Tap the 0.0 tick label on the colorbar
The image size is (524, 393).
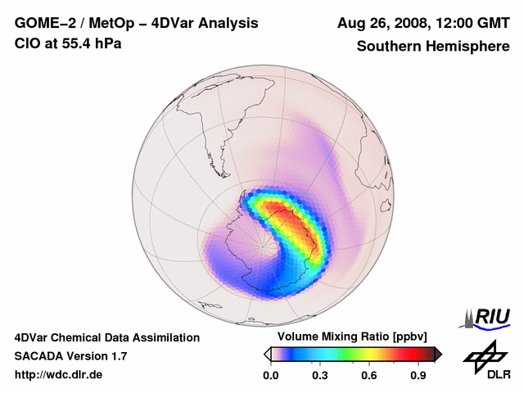[x=271, y=376]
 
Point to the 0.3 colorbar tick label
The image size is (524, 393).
[x=320, y=376]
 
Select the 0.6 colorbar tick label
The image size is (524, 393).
[x=369, y=376]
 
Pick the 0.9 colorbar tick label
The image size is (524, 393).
[x=418, y=376]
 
